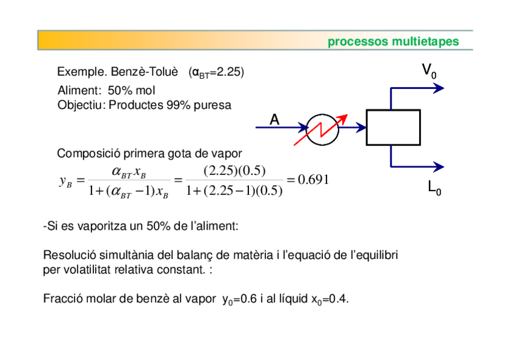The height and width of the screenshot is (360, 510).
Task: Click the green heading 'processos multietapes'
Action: (393, 41)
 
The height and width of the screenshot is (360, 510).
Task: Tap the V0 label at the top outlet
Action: (429, 71)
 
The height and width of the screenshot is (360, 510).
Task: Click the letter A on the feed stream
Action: (274, 120)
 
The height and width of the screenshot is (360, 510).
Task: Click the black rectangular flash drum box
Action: (392, 127)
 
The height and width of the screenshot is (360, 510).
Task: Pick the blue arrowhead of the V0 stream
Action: (439, 88)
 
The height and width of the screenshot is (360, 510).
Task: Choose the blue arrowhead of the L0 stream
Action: (439, 166)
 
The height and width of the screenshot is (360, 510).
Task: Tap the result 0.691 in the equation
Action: (313, 180)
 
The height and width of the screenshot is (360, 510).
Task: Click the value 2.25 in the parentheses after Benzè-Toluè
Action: (229, 72)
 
